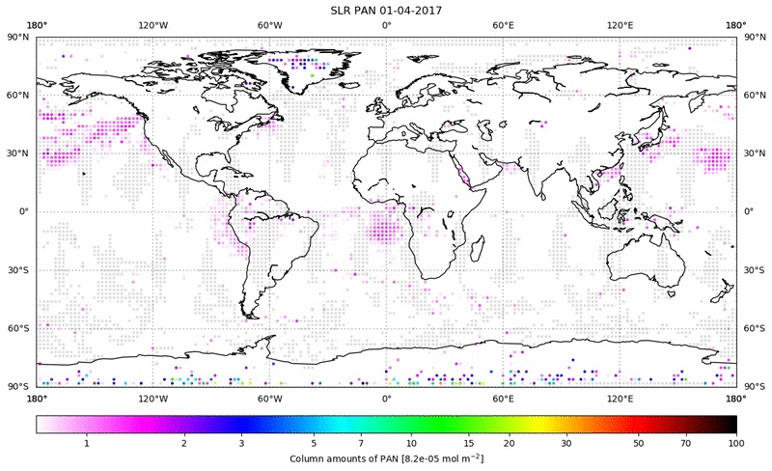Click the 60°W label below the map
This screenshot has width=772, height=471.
coord(269,398)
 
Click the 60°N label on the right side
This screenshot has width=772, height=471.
coord(754,95)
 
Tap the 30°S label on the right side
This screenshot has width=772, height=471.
coord(754,269)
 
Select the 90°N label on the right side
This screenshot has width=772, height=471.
coord(754,37)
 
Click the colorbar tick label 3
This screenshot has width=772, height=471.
coord(242,442)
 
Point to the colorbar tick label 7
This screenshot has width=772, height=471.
coord(372,442)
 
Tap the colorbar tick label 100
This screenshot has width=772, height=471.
coord(735,442)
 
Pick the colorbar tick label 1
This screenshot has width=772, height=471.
coord(87,442)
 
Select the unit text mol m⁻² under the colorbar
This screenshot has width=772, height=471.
coord(459,457)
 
